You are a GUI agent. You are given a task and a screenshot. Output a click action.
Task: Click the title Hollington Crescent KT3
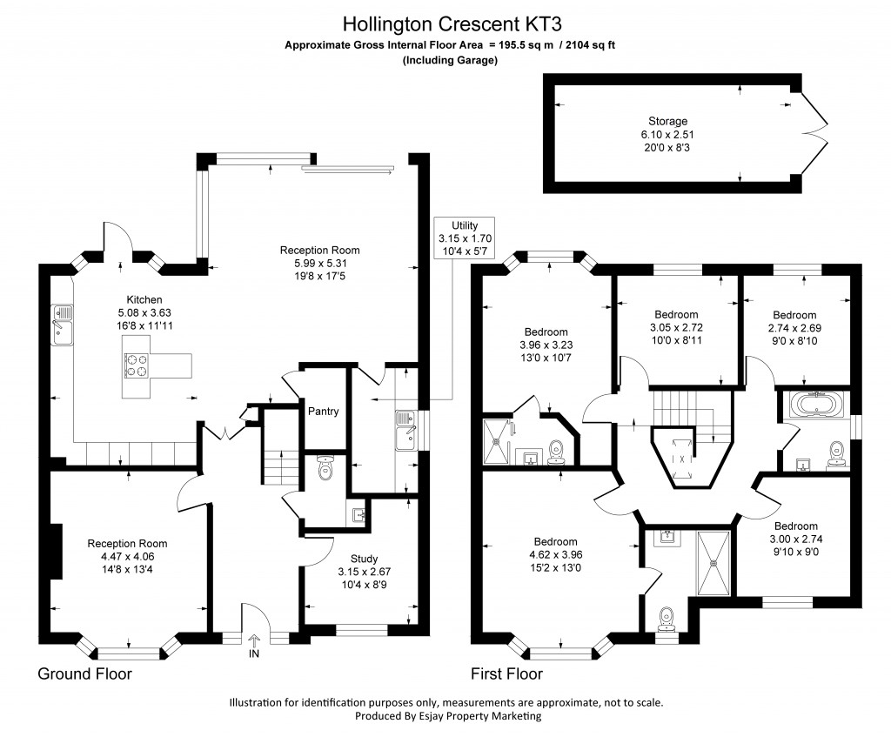[445, 22]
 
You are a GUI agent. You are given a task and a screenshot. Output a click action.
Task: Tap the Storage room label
[667, 121]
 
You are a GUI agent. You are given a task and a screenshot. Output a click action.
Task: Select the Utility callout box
[466, 238]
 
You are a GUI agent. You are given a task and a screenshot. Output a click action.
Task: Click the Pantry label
[323, 412]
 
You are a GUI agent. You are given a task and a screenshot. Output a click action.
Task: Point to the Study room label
[365, 559]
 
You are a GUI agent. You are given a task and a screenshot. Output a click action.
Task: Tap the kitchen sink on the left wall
[62, 325]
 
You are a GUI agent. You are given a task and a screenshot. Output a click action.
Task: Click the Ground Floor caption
[84, 673]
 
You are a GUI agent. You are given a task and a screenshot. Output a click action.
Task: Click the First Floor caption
[506, 673]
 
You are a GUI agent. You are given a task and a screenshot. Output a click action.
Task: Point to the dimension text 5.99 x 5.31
[319, 264]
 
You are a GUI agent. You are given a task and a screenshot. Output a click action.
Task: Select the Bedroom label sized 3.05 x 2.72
[676, 314]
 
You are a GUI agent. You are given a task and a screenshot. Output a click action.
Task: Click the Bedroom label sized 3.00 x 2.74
[796, 526]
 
